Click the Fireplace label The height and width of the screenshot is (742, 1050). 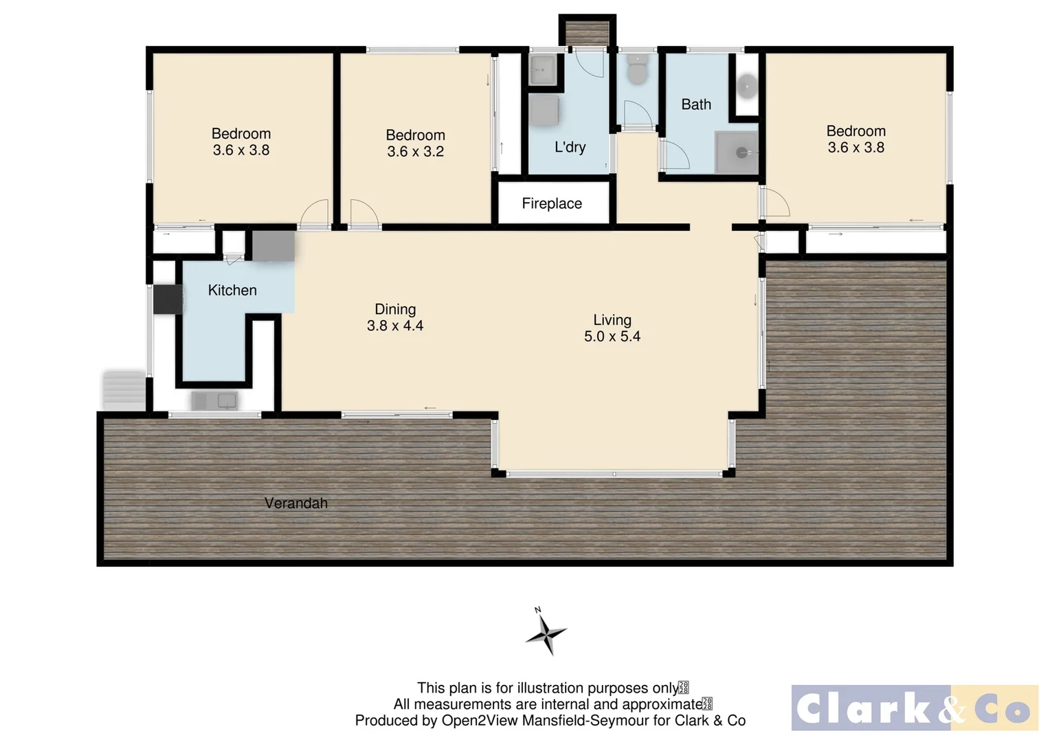(x=551, y=203)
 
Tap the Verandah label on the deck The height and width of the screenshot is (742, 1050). (x=295, y=503)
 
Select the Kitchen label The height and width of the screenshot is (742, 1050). (x=232, y=290)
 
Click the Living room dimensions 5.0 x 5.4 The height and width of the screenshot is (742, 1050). (x=612, y=336)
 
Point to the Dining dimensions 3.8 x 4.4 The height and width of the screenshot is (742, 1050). (x=394, y=326)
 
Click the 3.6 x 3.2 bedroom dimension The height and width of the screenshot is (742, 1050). (x=415, y=151)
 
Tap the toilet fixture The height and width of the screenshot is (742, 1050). (x=637, y=71)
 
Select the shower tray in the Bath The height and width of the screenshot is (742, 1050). (x=736, y=152)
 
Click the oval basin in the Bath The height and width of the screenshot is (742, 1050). (x=746, y=86)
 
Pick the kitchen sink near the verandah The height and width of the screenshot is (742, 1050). (x=214, y=401)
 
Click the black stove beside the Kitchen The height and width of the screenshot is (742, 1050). (x=167, y=299)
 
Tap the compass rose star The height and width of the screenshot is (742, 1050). (x=546, y=633)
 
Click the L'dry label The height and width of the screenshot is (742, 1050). (x=570, y=147)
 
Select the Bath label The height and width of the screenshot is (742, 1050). (x=695, y=104)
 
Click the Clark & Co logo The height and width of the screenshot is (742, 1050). (x=914, y=708)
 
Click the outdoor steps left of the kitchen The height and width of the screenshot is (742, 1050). (x=124, y=390)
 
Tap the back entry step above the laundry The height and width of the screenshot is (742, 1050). (x=587, y=32)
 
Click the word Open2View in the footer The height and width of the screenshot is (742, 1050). (x=480, y=721)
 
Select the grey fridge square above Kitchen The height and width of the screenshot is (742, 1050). (x=273, y=245)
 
